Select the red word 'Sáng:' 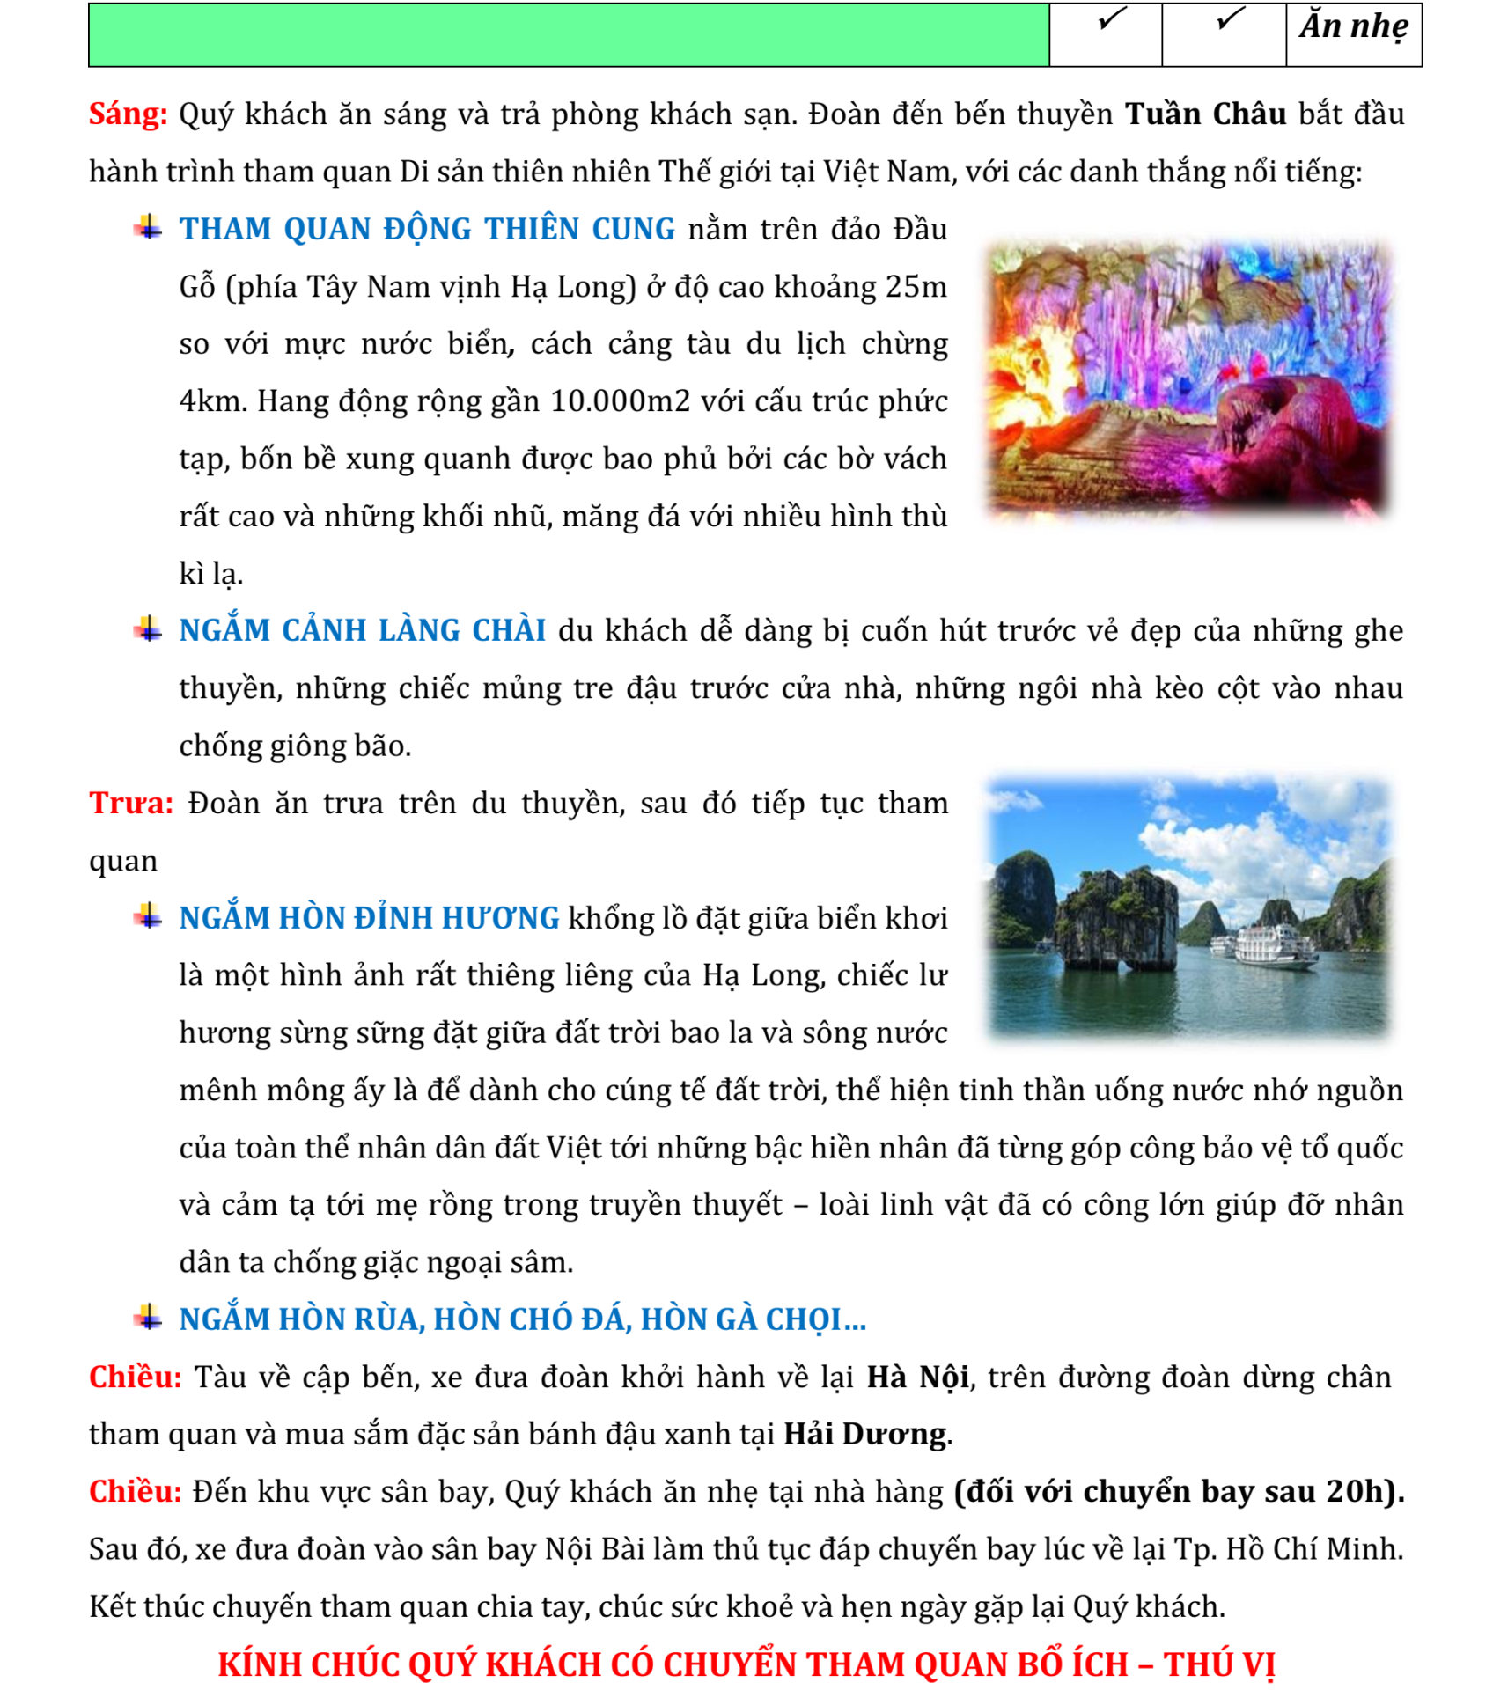128,114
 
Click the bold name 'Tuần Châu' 1205,114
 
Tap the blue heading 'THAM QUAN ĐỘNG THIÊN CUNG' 427,229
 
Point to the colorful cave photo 1188,378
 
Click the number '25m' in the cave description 916,287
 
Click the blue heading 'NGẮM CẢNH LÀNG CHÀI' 362,630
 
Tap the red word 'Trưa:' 131,803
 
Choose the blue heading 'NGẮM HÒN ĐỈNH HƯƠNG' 369,918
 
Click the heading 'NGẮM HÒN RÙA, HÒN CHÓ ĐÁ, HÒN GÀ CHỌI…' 522,1319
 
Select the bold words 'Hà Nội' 918,1377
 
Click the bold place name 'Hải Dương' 865,1434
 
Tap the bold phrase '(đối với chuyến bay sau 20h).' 1179,1491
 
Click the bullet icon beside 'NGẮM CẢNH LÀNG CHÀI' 148,629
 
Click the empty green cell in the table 568,35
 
